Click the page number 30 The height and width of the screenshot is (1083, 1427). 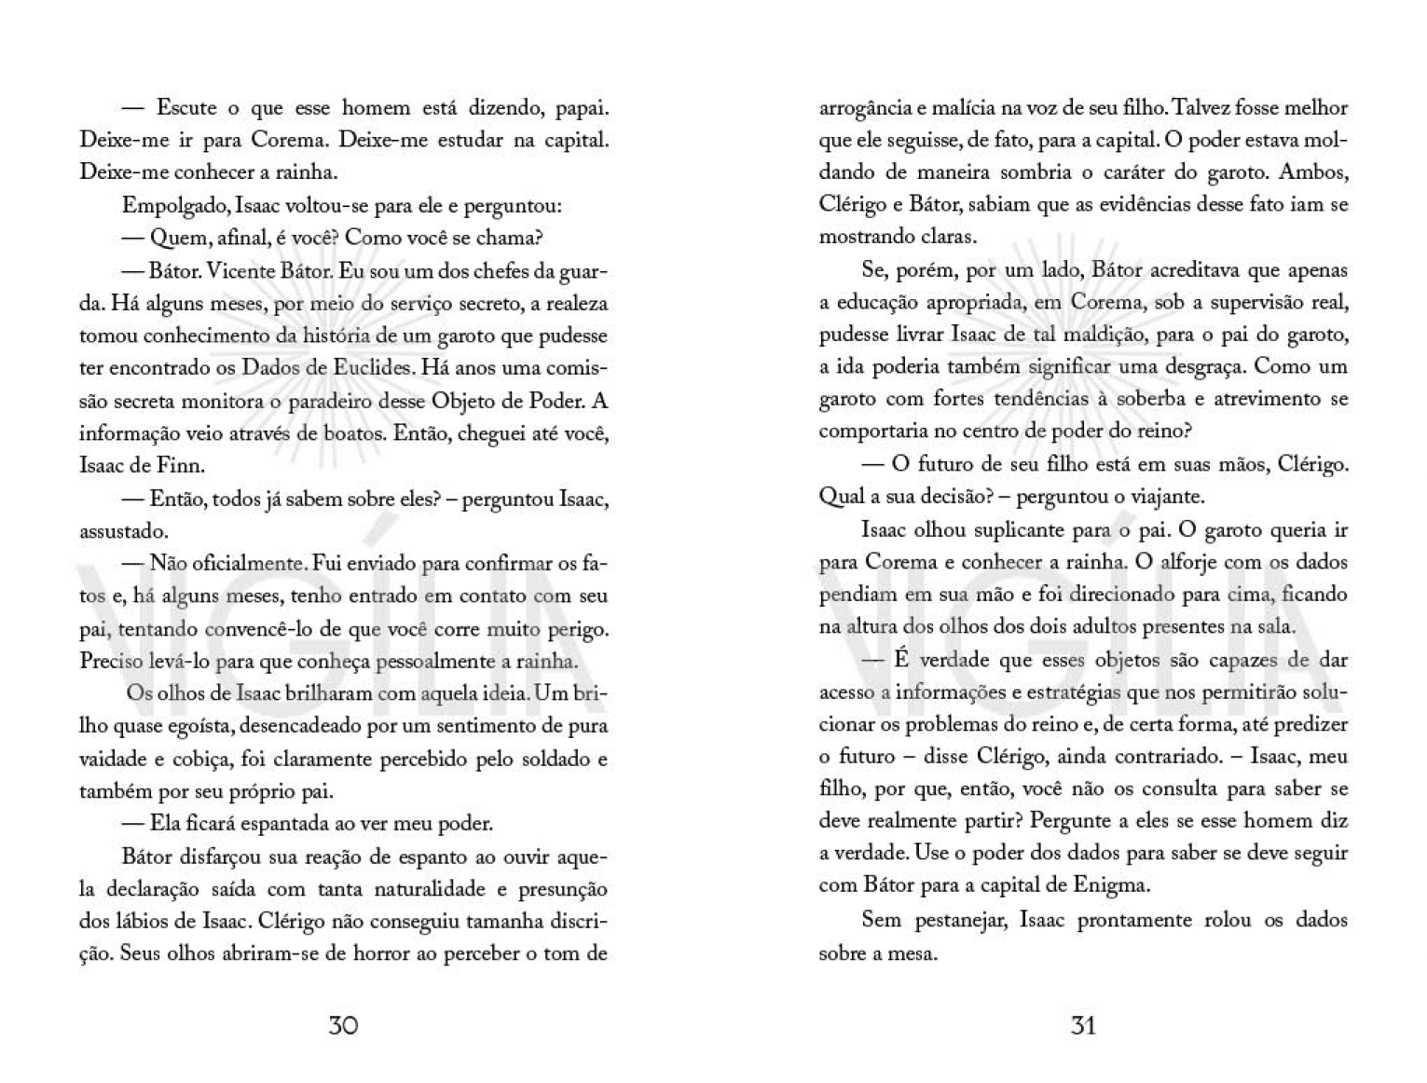tap(343, 1025)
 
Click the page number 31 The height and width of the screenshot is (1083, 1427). tap(1083, 1025)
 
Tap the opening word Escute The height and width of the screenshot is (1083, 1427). tap(185, 108)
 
